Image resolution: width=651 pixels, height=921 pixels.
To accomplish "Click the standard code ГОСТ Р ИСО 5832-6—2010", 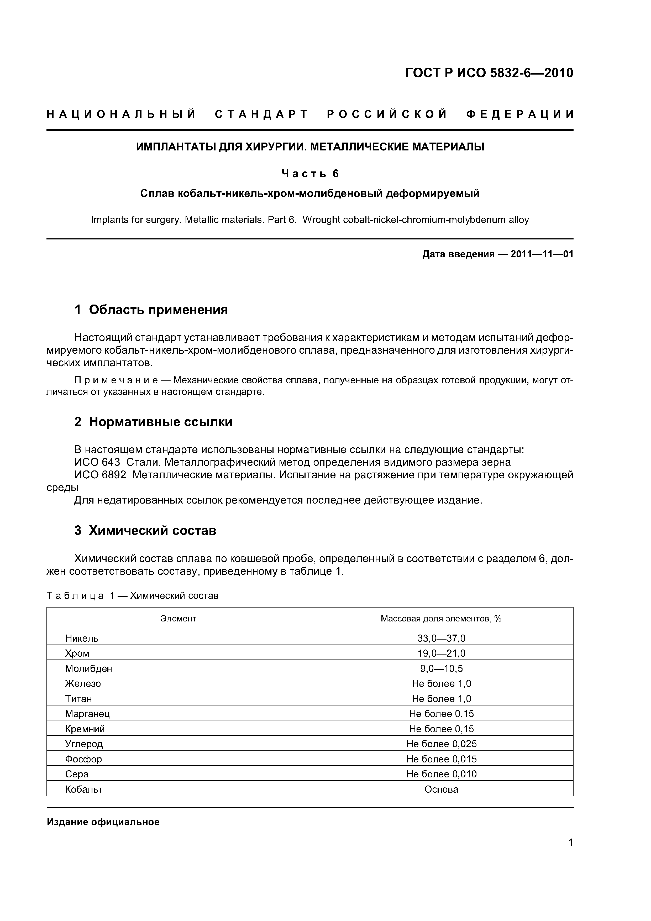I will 489,73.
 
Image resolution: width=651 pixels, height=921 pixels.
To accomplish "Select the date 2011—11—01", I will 542,254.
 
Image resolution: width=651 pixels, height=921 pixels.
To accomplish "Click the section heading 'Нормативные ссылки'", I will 160,422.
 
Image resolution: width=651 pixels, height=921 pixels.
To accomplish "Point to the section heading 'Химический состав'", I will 153,530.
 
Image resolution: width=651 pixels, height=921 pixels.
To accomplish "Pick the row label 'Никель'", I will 82,638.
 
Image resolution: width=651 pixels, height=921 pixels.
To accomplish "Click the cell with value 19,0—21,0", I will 441,653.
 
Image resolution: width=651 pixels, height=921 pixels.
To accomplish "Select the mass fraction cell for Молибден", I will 441,668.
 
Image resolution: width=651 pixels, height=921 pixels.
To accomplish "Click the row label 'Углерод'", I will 84,744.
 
